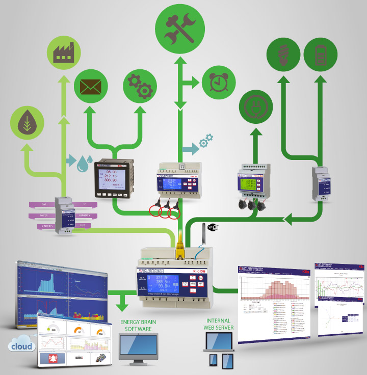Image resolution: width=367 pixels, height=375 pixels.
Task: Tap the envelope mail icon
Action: click(91, 88)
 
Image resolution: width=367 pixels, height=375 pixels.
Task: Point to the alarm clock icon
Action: click(218, 82)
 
